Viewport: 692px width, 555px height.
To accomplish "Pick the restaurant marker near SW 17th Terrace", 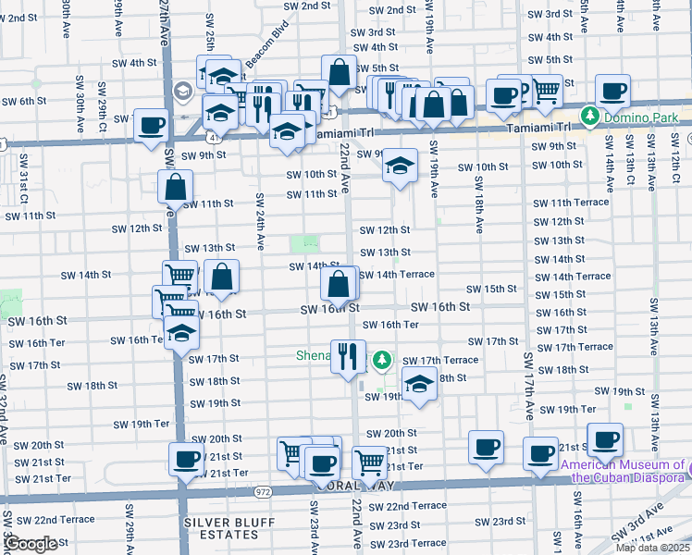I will tap(348, 356).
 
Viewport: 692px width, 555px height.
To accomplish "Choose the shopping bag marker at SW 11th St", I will tap(175, 187).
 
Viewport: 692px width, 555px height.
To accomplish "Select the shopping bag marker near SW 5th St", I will tap(340, 72).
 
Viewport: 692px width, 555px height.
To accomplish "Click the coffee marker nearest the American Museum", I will tap(605, 440).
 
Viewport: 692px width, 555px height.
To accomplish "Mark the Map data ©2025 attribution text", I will tap(652, 548).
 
